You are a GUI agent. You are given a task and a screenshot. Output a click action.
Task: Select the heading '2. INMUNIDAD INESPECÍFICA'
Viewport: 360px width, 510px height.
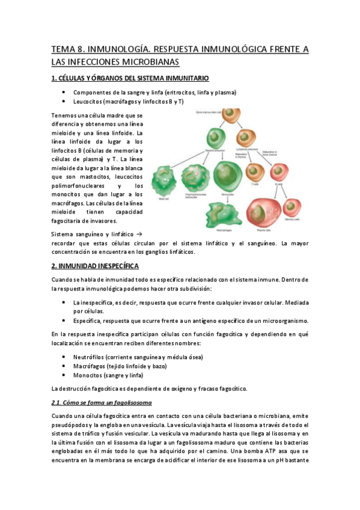click(x=95, y=265)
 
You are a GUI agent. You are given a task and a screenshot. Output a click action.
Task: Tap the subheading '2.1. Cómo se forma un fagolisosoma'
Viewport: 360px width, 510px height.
click(x=101, y=402)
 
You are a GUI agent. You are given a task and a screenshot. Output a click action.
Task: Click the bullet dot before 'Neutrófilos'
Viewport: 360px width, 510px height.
click(x=64, y=357)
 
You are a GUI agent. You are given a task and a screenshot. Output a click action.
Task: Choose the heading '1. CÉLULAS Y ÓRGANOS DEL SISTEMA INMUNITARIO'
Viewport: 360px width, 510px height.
click(x=130, y=78)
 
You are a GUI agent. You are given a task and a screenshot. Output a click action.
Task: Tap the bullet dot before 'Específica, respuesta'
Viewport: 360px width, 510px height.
click(x=64, y=321)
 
